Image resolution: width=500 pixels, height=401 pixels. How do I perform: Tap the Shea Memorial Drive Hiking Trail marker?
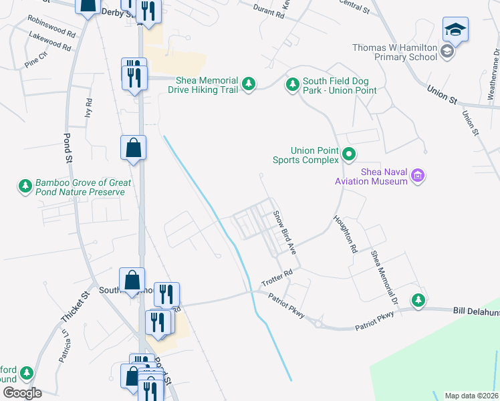pyautogui.click(x=249, y=84)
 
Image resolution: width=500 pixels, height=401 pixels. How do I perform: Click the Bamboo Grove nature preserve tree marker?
pyautogui.click(x=25, y=186)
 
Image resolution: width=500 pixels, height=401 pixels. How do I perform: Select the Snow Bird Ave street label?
pyautogui.click(x=284, y=231)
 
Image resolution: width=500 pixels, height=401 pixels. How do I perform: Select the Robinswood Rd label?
pyautogui.click(x=51, y=31)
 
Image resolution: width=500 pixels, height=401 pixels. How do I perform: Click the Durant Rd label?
pyautogui.click(x=269, y=9)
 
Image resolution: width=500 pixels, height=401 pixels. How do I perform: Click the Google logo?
pyautogui.click(x=22, y=393)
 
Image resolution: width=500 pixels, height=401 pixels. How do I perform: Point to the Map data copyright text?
pyautogui.click(x=472, y=396)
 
